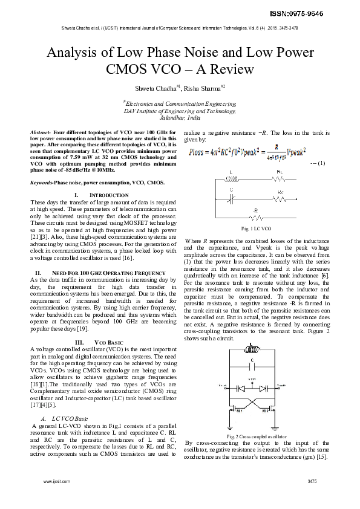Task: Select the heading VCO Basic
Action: (100, 342)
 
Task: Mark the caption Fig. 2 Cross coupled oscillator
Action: (257, 436)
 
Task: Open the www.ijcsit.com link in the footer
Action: (53, 481)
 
